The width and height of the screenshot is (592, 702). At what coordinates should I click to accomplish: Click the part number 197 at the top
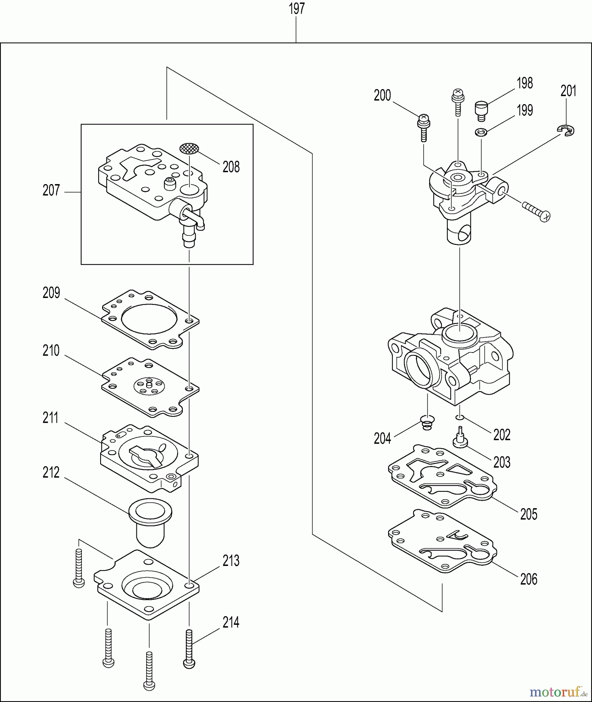(297, 9)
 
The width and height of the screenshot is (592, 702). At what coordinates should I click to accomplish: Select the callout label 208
(231, 167)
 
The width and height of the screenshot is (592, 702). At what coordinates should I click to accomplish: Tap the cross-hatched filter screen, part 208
(189, 148)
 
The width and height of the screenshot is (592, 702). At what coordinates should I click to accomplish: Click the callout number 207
(51, 191)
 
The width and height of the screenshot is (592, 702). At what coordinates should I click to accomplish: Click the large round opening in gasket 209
(149, 319)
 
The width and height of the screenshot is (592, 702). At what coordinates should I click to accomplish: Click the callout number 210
(51, 351)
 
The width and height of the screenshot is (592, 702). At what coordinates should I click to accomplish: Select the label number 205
(528, 514)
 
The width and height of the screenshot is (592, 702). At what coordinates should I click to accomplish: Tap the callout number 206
(528, 580)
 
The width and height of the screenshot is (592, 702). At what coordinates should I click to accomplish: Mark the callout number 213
(231, 561)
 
